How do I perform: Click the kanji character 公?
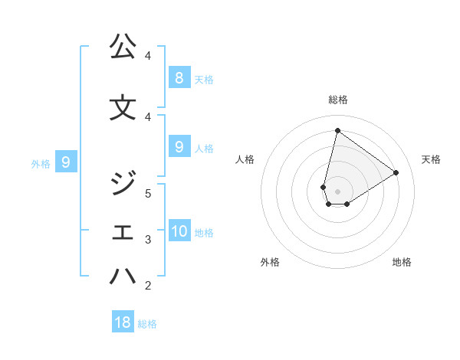coord(123,47)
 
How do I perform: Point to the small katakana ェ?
coord(123,233)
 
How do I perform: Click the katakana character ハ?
coord(123,277)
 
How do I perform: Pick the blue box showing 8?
coord(179,77)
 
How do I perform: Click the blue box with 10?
coord(179,231)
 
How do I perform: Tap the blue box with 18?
coord(123,322)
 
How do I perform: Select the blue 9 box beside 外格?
coord(66,162)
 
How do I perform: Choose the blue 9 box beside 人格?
coord(179,147)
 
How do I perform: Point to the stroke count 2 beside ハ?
coord(148,286)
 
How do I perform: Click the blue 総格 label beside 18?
coord(147,324)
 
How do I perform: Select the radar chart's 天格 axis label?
coord(432,159)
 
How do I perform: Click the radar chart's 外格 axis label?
coord(270,262)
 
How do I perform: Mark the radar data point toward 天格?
coord(396,173)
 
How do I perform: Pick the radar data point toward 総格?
coord(337,130)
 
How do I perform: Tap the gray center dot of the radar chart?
coord(337,191)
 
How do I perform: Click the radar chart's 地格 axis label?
coord(402,262)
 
